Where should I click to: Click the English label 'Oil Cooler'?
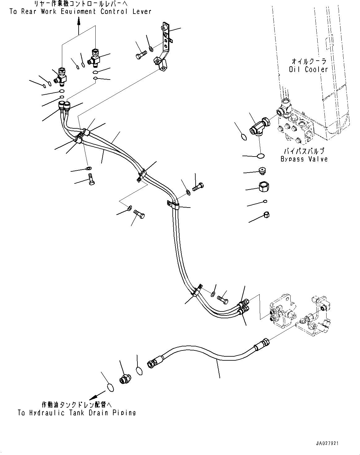point(308,69)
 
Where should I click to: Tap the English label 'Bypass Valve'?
point(304,159)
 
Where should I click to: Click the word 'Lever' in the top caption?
point(142,11)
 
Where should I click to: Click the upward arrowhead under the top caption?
point(79,21)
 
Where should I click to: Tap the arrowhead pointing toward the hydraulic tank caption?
point(93,397)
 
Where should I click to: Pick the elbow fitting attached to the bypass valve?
point(260,127)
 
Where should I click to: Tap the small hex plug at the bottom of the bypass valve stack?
point(267,215)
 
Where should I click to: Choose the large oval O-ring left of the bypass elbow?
point(244,137)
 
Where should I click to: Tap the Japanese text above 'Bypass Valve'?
point(304,151)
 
